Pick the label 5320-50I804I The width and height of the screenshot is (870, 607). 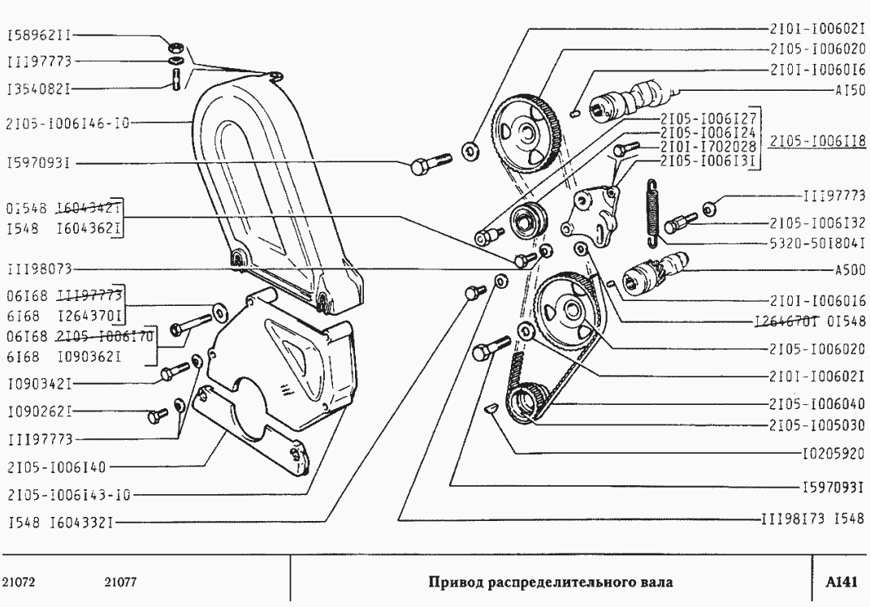click(815, 242)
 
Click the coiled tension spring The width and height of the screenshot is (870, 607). click(652, 211)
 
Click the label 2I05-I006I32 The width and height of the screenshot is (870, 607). click(815, 222)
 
